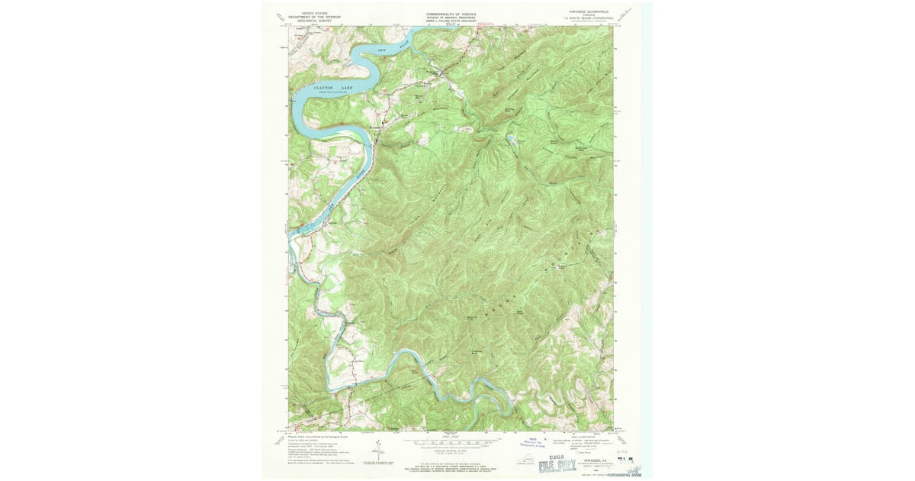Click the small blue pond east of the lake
(x=509, y=140)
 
